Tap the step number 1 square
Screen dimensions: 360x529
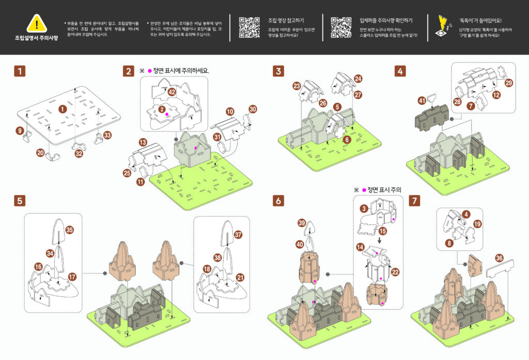(x=20, y=71)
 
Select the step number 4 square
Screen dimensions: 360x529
(x=401, y=71)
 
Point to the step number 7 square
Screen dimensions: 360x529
(x=414, y=200)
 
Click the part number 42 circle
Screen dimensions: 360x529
(x=172, y=92)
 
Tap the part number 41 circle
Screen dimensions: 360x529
(x=422, y=101)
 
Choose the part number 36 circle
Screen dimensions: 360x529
(x=499, y=258)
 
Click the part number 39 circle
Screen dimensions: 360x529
(x=302, y=223)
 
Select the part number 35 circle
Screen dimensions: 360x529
(x=70, y=230)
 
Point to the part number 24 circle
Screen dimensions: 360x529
(x=358, y=79)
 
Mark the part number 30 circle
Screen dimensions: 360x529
(x=253, y=109)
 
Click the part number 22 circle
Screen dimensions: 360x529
(x=395, y=272)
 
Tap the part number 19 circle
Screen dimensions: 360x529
(x=477, y=224)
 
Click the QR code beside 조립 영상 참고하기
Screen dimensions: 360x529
(x=249, y=27)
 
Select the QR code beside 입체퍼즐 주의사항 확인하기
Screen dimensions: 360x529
(x=341, y=27)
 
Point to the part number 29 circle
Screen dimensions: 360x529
(x=509, y=83)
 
